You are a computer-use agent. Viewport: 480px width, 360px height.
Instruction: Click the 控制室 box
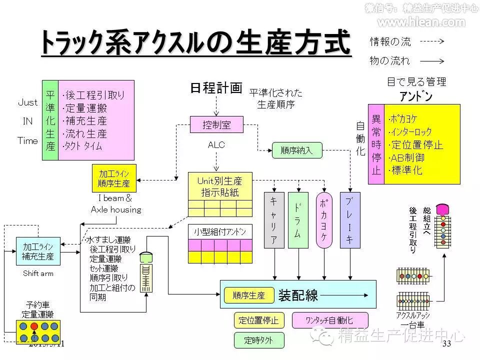pos(216,125)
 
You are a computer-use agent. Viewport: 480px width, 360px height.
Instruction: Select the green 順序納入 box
pos(297,150)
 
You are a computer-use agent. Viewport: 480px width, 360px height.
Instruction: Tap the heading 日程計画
pos(216,88)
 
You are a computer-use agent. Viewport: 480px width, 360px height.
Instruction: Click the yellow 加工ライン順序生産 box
pos(114,178)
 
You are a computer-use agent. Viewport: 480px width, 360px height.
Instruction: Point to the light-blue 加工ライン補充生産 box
pos(38,251)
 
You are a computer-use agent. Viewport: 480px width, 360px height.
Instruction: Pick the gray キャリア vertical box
pos(274,220)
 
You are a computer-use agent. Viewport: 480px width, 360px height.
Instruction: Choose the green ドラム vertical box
pos(298,220)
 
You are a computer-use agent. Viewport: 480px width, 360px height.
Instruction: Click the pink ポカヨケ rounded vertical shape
pos(324,220)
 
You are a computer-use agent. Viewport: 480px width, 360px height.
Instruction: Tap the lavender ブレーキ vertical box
pos(349,220)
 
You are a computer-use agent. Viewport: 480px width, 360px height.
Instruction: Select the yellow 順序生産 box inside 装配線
pos(249,295)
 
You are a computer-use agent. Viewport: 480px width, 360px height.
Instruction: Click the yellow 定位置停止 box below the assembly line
pos(258,320)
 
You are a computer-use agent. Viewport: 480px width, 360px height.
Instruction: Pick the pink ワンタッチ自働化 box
pos(329,320)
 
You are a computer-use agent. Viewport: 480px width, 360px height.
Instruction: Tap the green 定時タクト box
pos(258,340)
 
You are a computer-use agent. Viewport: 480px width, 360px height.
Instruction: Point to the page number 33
pos(446,343)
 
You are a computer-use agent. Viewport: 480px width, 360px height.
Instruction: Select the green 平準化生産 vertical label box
pos(50,120)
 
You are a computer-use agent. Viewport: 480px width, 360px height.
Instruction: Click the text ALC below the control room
pos(216,145)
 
